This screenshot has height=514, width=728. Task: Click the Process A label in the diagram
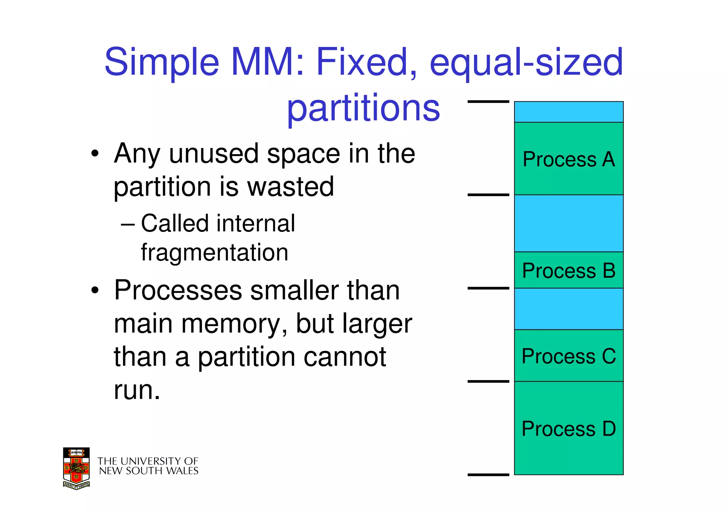coord(568,159)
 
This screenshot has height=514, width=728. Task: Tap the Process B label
coord(568,271)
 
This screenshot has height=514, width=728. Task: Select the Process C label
coord(568,356)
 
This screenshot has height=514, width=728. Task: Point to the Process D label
coord(568,429)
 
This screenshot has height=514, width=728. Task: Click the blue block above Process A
coord(568,112)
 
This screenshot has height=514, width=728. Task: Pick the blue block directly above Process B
coord(568,223)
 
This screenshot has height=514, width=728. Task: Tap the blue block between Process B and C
coord(568,309)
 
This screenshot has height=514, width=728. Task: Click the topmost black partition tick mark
coord(488,102)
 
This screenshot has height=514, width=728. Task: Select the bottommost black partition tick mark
coord(488,475)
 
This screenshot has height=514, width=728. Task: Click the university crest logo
coord(76,468)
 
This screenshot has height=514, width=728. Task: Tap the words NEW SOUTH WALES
coord(149,471)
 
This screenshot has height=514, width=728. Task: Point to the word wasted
coord(290,186)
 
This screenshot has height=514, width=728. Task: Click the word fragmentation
coord(214,253)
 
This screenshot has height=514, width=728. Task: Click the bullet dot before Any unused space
coord(95,154)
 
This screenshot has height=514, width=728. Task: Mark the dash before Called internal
coord(127,224)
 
